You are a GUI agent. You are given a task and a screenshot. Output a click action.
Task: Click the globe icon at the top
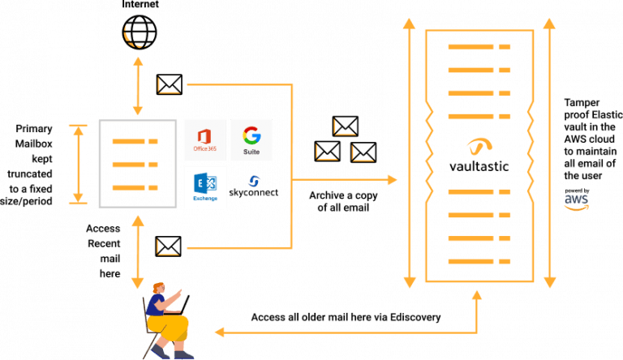pyautogui.click(x=137, y=31)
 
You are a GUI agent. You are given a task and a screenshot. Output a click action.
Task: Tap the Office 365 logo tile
pyautogui.click(x=204, y=139)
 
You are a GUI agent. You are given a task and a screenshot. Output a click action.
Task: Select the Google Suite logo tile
pyautogui.click(x=251, y=139)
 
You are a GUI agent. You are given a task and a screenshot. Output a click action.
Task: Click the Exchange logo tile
pyautogui.click(x=204, y=186)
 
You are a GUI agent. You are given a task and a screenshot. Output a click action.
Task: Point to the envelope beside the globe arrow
pyautogui.click(x=170, y=84)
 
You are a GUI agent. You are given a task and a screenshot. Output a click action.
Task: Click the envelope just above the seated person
pyautogui.click(x=168, y=245)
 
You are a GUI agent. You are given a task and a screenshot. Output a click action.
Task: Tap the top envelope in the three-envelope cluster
pyautogui.click(x=346, y=126)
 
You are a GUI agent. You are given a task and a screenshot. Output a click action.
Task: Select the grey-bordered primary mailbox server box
pyautogui.click(x=136, y=163)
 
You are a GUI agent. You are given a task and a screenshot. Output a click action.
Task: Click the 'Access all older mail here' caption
pyautogui.click(x=346, y=316)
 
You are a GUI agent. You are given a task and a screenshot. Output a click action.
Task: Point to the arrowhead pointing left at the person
pyautogui.click(x=219, y=332)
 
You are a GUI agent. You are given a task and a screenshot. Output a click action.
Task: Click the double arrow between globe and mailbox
pyautogui.click(x=138, y=86)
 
